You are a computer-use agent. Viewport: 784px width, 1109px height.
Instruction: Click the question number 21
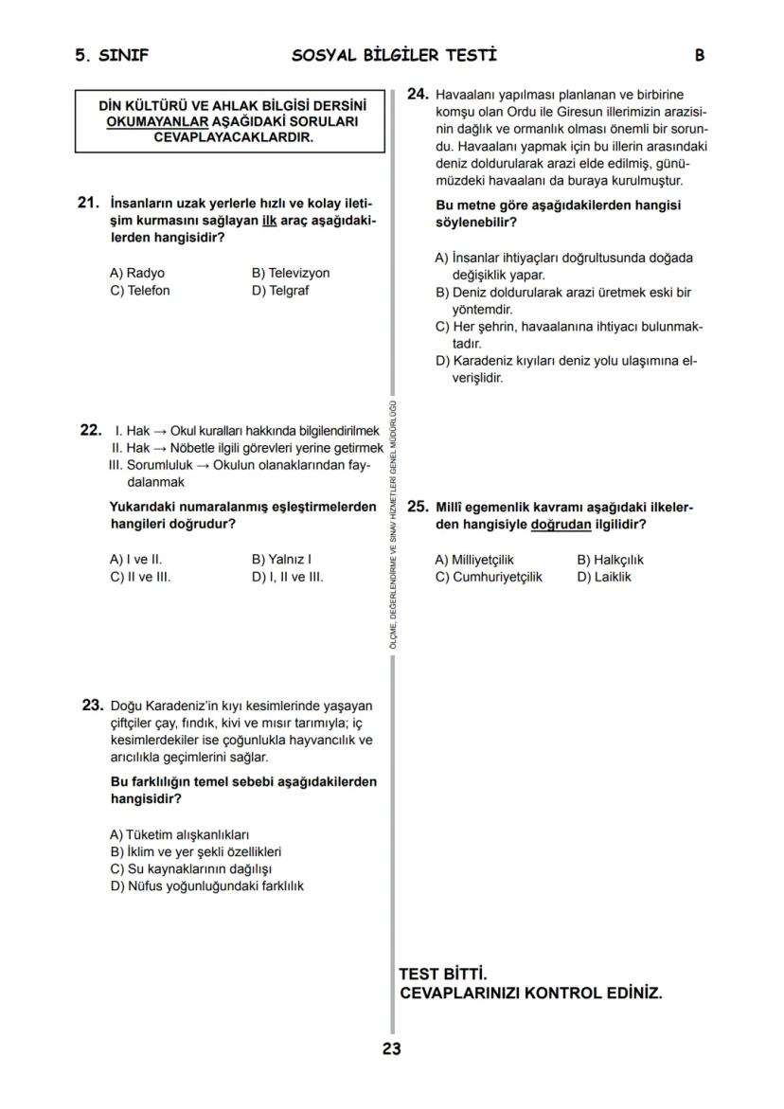[x=88, y=203]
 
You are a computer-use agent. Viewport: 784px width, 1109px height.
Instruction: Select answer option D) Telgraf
[x=279, y=291]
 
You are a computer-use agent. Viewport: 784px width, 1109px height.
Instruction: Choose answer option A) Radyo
[x=137, y=273]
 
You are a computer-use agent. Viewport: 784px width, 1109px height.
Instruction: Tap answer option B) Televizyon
[x=291, y=273]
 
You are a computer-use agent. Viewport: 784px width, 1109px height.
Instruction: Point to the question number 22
[x=91, y=430]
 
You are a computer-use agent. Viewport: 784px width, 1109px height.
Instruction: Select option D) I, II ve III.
[x=287, y=576]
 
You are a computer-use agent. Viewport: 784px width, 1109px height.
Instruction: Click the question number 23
[x=92, y=705]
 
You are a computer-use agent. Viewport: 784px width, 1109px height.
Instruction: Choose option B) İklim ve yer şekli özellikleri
[x=196, y=851]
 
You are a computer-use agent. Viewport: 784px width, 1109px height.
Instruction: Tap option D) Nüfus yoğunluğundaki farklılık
[x=206, y=885]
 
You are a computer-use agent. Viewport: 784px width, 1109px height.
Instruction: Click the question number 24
[x=418, y=94]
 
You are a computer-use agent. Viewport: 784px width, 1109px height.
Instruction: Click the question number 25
[x=418, y=507]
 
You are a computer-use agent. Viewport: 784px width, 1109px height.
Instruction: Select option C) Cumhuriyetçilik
[x=489, y=576]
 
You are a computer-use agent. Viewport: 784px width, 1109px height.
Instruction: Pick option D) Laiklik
[x=603, y=576]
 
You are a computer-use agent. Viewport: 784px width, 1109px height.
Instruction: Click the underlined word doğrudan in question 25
[x=561, y=524]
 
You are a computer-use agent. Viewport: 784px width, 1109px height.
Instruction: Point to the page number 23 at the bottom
[x=392, y=1048]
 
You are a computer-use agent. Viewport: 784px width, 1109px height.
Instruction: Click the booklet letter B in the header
[x=699, y=56]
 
